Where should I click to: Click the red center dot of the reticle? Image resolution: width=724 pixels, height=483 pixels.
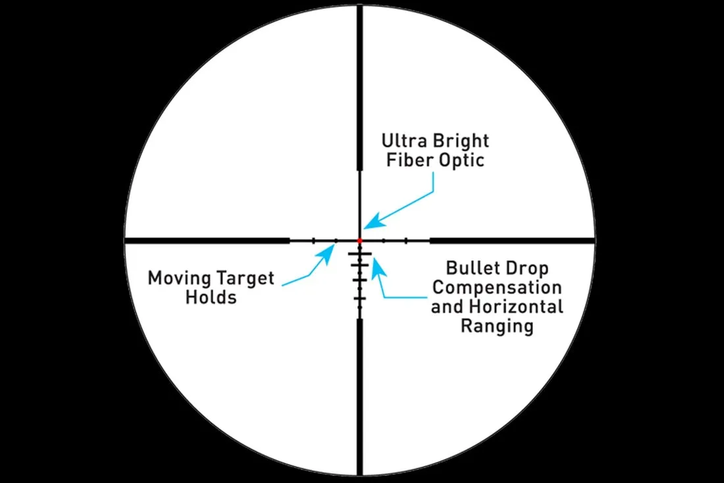(x=360, y=241)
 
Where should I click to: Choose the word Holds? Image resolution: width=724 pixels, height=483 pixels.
(x=211, y=297)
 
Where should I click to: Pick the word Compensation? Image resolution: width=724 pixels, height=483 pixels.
(x=497, y=288)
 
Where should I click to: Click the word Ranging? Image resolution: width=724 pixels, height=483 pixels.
(x=497, y=326)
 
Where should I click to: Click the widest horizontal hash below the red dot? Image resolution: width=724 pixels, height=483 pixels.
(x=360, y=254)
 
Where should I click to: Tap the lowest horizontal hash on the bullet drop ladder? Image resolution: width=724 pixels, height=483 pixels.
(x=359, y=299)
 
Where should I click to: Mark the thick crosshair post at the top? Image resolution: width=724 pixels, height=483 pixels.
(x=360, y=86)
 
